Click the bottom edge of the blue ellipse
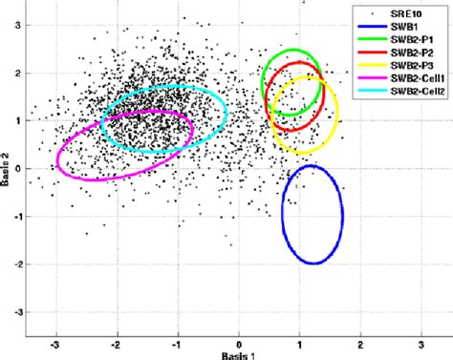pyautogui.click(x=313, y=264)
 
